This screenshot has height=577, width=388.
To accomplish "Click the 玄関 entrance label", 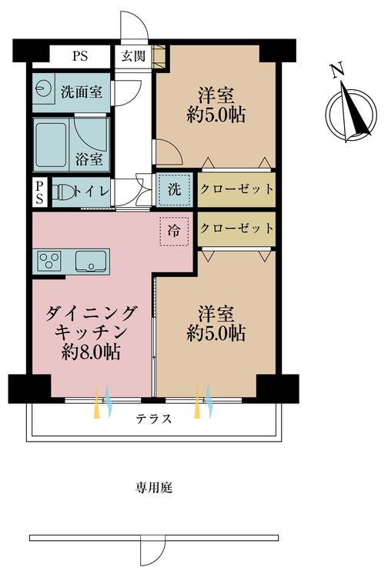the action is point(133,56).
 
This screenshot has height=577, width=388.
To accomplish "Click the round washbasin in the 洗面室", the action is point(41,88).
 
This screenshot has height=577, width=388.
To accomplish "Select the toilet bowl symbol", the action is point(62,192).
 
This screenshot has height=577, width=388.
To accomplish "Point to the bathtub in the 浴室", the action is point(51,145).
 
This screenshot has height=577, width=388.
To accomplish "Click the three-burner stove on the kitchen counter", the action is point(50,260).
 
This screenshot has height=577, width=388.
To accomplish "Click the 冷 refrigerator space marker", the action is point(174,231).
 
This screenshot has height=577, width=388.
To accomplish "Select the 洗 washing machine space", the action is point(174,189).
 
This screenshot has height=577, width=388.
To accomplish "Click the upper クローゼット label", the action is point(236,189).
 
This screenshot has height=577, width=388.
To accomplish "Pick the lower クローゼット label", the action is point(236,228).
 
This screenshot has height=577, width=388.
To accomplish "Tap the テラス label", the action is point(153,419).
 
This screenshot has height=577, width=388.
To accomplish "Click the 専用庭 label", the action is point(153,488).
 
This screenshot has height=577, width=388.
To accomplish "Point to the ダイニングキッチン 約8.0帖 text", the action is point(91,332).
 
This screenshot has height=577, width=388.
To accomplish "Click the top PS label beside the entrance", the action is point(80,56).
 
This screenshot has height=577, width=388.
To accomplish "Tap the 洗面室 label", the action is point(82,92).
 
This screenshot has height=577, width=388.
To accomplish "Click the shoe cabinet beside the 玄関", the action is point(159,56).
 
